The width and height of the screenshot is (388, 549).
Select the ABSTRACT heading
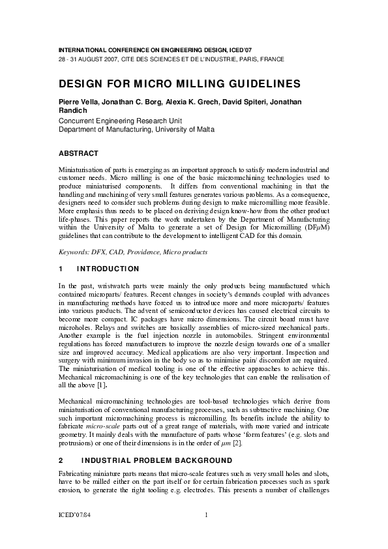point(78,154)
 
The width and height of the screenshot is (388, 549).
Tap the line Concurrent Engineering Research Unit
point(119,121)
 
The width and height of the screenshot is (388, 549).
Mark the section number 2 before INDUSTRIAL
point(61,460)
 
